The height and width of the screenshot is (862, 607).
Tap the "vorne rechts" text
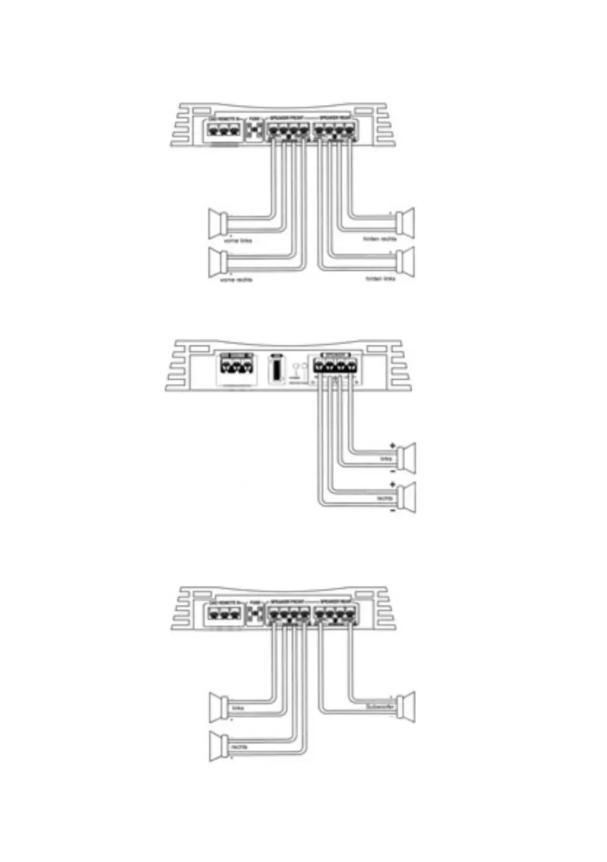pos(236,280)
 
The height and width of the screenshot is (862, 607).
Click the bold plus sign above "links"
pos(392,445)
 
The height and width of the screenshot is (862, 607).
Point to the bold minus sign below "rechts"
pos(392,511)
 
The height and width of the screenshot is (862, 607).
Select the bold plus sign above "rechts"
pos(392,485)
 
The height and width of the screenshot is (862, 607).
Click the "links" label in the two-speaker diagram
pos(385,459)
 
